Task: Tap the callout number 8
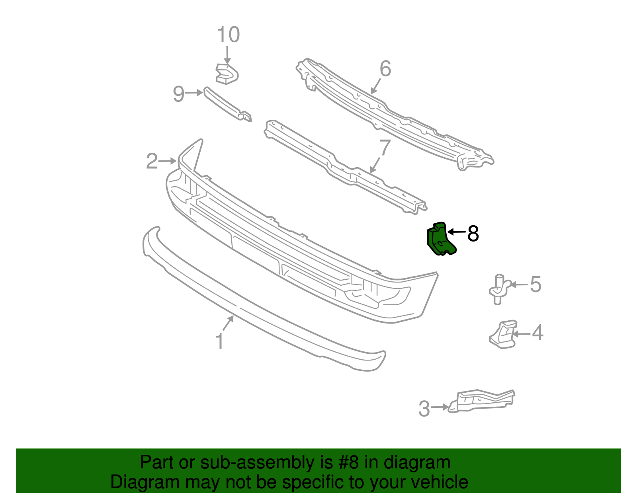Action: (473, 234)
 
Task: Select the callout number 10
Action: (228, 35)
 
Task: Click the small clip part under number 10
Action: (227, 74)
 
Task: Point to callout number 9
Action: (179, 94)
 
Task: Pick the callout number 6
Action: (385, 69)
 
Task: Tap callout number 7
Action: (384, 148)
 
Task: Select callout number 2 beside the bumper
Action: (152, 161)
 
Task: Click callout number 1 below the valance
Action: (219, 341)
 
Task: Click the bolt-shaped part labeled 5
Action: (498, 289)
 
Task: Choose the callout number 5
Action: (535, 285)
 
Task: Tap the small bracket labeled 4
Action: (504, 335)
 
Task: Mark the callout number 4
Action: (537, 333)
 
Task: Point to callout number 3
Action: (424, 409)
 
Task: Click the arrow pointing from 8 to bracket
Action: (457, 232)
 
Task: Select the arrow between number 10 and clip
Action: (227, 55)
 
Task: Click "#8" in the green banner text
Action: (349, 462)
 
